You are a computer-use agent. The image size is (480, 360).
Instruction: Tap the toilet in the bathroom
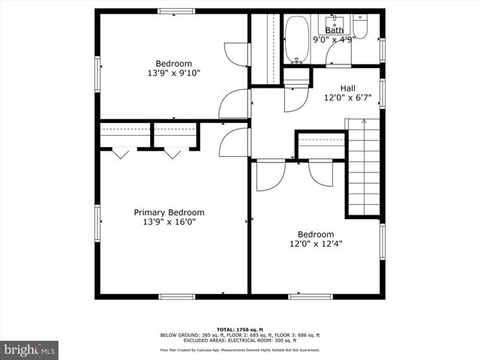tap(361, 28)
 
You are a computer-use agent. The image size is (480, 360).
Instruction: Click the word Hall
tap(348, 88)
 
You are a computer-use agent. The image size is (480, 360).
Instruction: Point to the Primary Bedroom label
tap(169, 212)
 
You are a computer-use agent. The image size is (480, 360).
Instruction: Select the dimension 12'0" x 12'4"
tap(316, 243)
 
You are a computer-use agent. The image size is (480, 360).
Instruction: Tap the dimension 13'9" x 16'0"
tap(169, 222)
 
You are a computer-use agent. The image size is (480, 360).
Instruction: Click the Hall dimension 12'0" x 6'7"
tap(348, 97)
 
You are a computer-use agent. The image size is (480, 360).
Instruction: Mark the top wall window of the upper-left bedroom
tap(176, 10)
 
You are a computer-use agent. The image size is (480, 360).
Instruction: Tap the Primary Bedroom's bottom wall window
tap(177, 297)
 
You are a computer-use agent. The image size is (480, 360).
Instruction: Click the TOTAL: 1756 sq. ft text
tap(239, 329)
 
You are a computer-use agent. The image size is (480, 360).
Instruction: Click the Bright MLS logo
tap(29, 349)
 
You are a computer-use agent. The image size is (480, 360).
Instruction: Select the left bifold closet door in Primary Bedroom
tap(120, 153)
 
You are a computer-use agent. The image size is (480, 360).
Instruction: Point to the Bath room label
tap(334, 30)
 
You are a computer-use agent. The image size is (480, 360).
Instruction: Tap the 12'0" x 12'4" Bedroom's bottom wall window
tap(310, 297)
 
